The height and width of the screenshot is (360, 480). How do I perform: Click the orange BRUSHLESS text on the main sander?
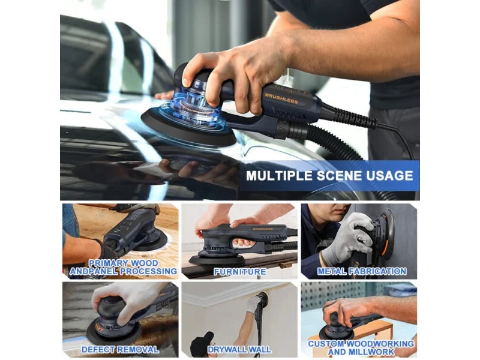point(281,98)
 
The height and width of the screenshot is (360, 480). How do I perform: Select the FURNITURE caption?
point(239,272)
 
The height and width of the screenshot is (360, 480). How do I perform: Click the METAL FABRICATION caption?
point(362,271)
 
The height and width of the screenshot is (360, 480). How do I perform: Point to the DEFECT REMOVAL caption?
point(120,349)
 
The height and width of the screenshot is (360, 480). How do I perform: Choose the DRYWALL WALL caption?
point(239,349)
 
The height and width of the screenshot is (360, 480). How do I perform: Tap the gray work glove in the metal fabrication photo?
point(349,239)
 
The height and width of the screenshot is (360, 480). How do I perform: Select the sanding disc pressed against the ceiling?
point(263,296)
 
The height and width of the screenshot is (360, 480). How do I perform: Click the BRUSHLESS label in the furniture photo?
point(263,229)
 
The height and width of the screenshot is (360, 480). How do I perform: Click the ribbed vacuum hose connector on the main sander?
point(291,128)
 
